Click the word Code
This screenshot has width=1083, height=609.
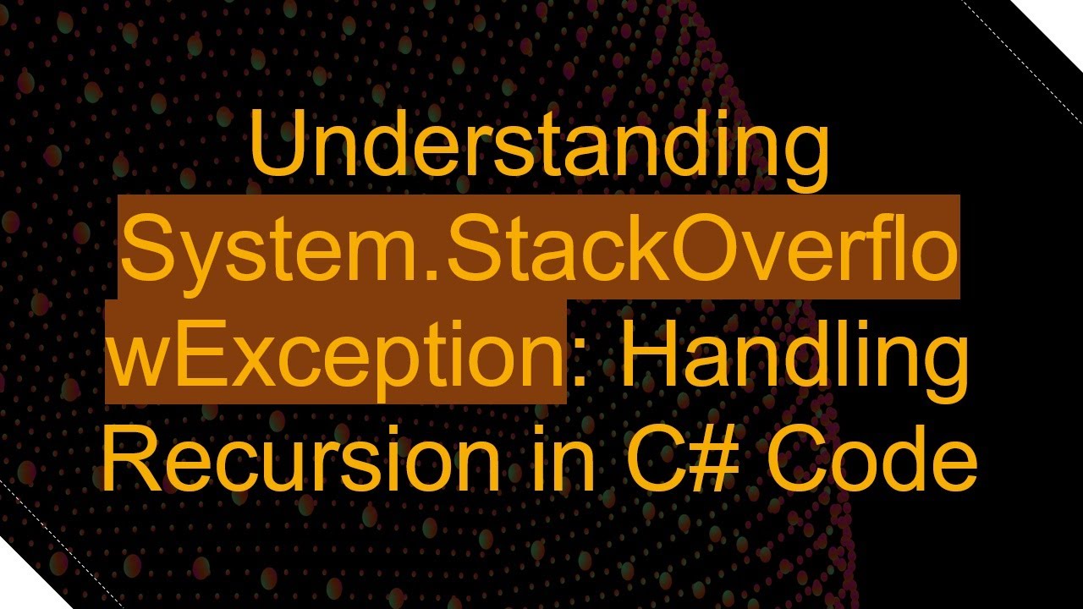pos(871,461)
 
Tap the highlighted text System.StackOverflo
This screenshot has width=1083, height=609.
pos(540,250)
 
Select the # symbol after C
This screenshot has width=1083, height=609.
pos(715,461)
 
